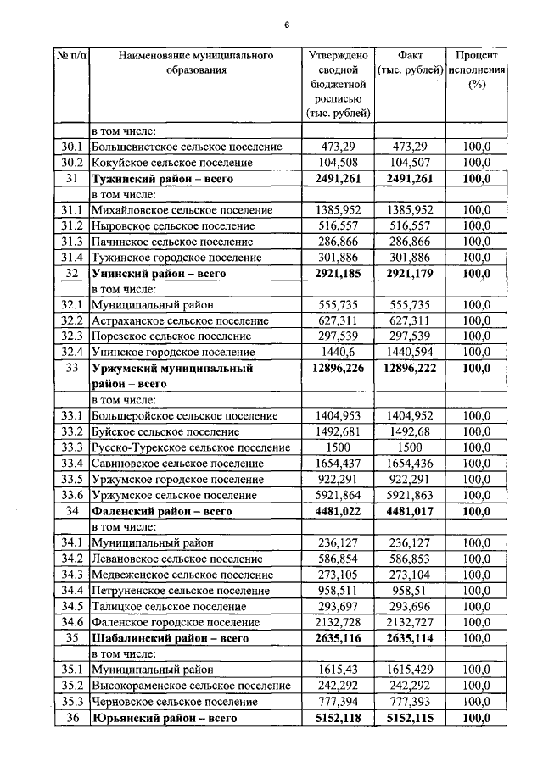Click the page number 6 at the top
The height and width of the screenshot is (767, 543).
click(287, 25)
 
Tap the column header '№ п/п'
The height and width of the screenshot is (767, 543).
click(71, 56)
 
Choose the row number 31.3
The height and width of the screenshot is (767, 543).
click(71, 242)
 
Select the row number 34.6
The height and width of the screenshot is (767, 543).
click(71, 623)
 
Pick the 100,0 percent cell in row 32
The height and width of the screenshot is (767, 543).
click(477, 274)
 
